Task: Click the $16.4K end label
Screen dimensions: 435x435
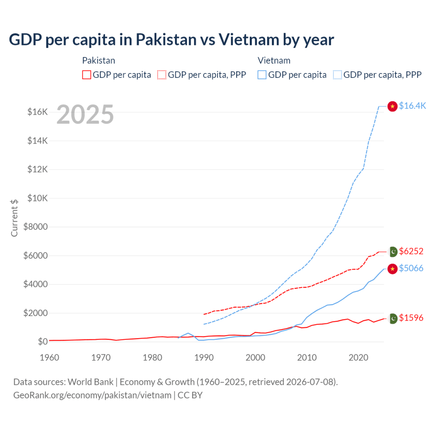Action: point(412,106)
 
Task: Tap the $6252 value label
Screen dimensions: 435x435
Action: point(411,251)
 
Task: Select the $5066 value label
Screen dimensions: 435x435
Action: point(411,268)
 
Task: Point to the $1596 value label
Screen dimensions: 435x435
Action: point(411,318)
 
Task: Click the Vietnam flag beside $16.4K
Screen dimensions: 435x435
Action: point(392,106)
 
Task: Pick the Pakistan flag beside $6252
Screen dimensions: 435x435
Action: point(393,251)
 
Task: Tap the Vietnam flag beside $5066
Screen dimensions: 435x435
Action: point(392,269)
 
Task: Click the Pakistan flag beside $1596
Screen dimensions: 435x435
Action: point(393,319)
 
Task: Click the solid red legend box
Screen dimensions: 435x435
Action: point(87,75)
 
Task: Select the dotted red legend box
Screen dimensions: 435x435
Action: point(162,75)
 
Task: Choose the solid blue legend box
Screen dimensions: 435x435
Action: point(262,75)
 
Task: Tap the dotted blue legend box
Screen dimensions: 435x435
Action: point(337,75)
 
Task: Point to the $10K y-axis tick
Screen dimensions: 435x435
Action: point(37,198)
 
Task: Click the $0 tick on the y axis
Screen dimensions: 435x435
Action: point(43,341)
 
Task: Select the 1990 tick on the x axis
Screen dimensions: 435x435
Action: point(204,357)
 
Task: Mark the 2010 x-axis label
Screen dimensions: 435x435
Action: point(307,357)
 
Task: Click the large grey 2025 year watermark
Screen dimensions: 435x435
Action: point(85,114)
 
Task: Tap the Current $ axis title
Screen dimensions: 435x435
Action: point(14,218)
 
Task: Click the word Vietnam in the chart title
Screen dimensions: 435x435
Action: point(249,40)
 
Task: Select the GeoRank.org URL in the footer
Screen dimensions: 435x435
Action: point(92,395)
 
